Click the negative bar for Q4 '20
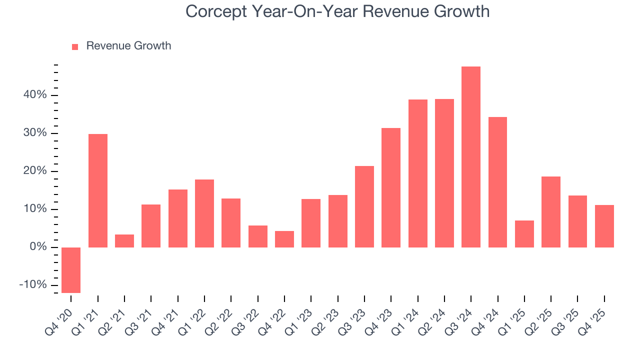point(71,270)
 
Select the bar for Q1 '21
point(98,190)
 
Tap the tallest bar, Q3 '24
point(471,157)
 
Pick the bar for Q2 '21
point(124,241)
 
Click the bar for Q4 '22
point(284,239)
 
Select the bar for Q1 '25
point(524,234)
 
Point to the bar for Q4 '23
point(391,187)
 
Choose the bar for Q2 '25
point(551,212)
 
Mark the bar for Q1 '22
point(204,213)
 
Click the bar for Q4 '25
point(604,226)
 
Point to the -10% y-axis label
point(32,285)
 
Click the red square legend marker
point(75,46)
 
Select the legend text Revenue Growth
point(128,46)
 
